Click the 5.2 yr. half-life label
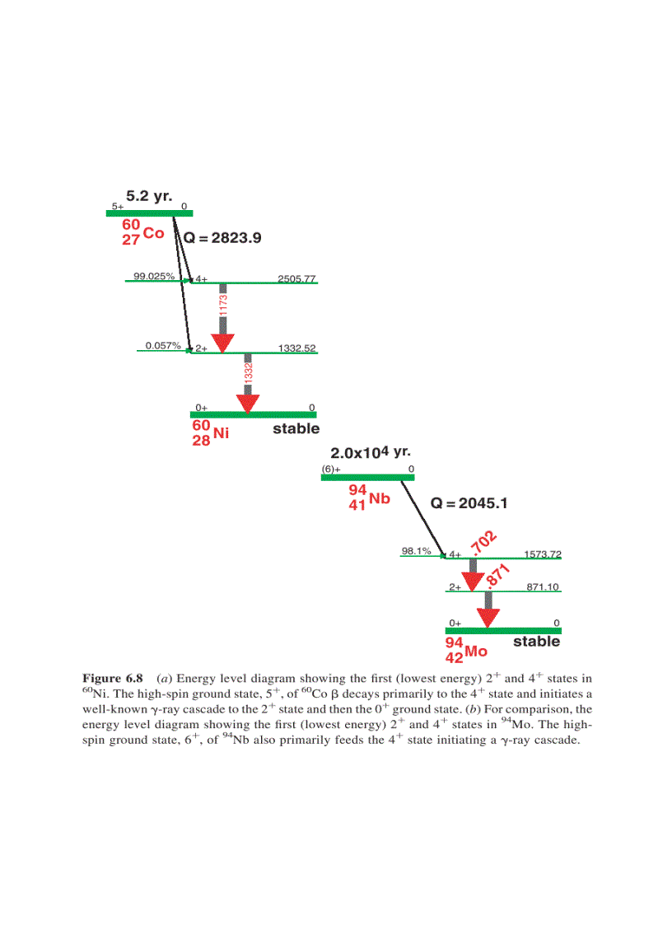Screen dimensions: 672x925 tap(149, 197)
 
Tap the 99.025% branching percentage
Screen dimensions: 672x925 tap(154, 276)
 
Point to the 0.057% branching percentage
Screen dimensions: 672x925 tap(162, 345)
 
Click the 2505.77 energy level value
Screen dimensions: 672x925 tap(296, 278)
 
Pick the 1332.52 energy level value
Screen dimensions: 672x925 tap(296, 348)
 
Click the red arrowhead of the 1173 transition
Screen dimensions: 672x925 tap(223, 343)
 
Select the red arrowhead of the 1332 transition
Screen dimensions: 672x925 tap(248, 403)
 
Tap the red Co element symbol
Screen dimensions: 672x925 tap(153, 233)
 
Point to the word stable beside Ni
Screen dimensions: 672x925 tap(296, 429)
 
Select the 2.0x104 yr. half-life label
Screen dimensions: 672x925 tap(370, 453)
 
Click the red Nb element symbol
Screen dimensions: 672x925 tap(379, 499)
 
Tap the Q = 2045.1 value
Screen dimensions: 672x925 tap(470, 503)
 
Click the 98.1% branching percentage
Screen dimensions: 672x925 tap(417, 551)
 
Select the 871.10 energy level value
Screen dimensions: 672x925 tap(543, 586)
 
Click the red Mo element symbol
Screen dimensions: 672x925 tap(476, 652)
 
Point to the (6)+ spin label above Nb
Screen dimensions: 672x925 tap(331, 470)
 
